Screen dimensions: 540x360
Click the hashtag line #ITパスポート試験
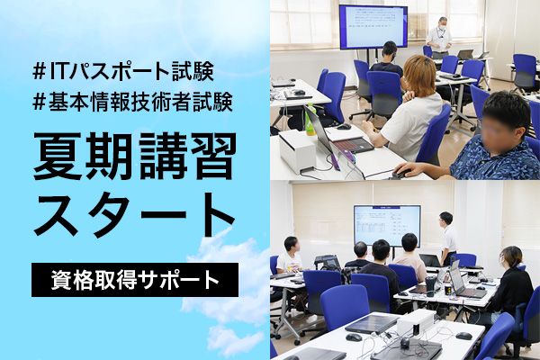pyautogui.click(x=123, y=71)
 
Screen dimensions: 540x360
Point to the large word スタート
pyautogui.click(x=134, y=215)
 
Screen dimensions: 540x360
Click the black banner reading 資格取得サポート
pyautogui.click(x=135, y=280)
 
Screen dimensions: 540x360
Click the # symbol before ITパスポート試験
pyautogui.click(x=40, y=71)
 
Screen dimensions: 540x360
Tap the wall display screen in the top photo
pyautogui.click(x=373, y=27)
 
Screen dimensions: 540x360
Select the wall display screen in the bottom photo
pyautogui.click(x=387, y=226)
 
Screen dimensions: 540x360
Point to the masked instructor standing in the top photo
pyautogui.click(x=439, y=37)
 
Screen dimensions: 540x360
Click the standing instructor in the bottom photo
pyautogui.click(x=447, y=238)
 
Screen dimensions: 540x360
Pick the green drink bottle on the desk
pyautogui.click(x=310, y=119)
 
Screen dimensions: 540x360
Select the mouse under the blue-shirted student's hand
pyautogui.click(x=400, y=174)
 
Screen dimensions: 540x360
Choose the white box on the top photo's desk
pyautogui.click(x=297, y=150)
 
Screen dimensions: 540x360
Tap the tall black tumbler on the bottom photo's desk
pyautogui.click(x=430, y=285)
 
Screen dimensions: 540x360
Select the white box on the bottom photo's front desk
pyautogui.click(x=417, y=322)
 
